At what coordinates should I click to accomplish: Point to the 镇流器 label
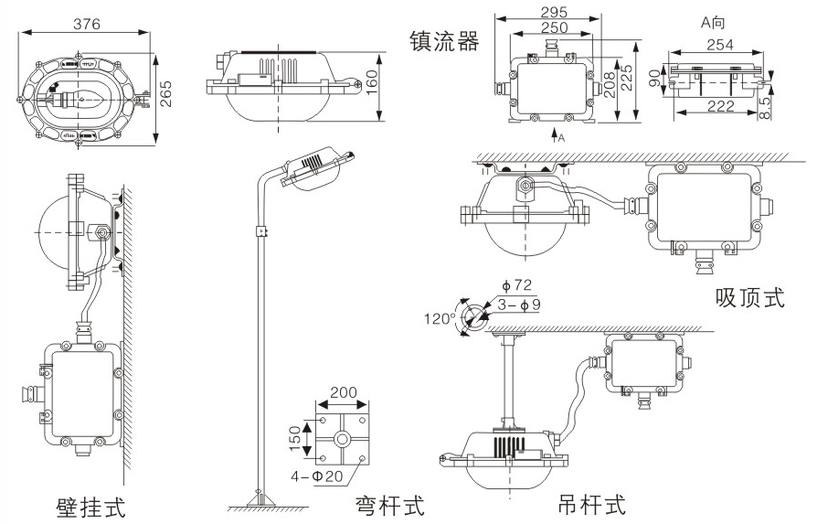click(x=444, y=41)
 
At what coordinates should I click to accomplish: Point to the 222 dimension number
click(x=720, y=107)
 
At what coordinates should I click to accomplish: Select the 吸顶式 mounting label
click(x=749, y=298)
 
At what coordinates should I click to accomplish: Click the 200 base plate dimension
click(x=343, y=393)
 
